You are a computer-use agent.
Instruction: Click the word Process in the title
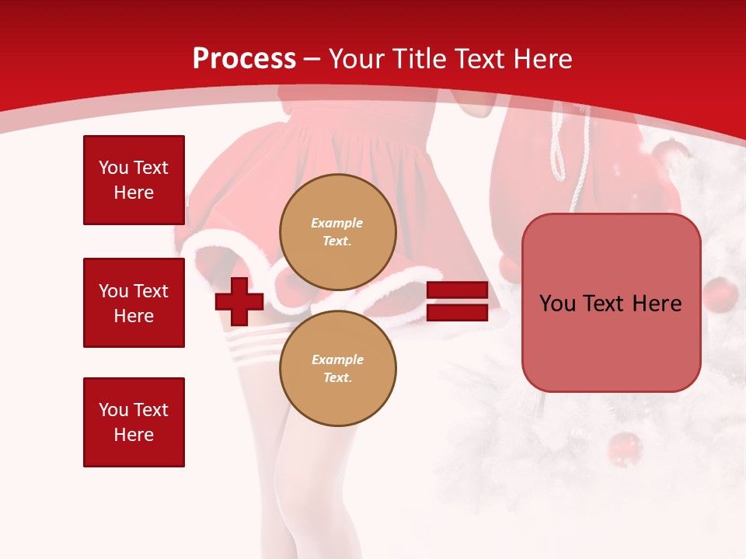(x=244, y=59)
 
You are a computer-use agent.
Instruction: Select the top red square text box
(x=134, y=180)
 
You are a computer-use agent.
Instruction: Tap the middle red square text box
(x=134, y=303)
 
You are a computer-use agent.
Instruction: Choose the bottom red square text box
(x=134, y=422)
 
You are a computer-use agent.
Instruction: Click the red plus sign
(x=239, y=301)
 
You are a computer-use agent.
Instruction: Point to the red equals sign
(x=458, y=301)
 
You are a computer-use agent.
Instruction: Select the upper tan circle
(x=337, y=232)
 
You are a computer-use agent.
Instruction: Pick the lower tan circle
(x=337, y=369)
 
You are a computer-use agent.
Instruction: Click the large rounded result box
(x=611, y=303)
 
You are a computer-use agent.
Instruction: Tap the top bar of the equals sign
(x=458, y=290)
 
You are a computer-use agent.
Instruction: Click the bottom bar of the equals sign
(x=458, y=313)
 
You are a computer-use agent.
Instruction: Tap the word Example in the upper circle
(x=337, y=223)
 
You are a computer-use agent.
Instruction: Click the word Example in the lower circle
(x=337, y=359)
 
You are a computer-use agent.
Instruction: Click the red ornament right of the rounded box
(x=720, y=295)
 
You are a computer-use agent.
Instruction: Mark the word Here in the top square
(x=134, y=193)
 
